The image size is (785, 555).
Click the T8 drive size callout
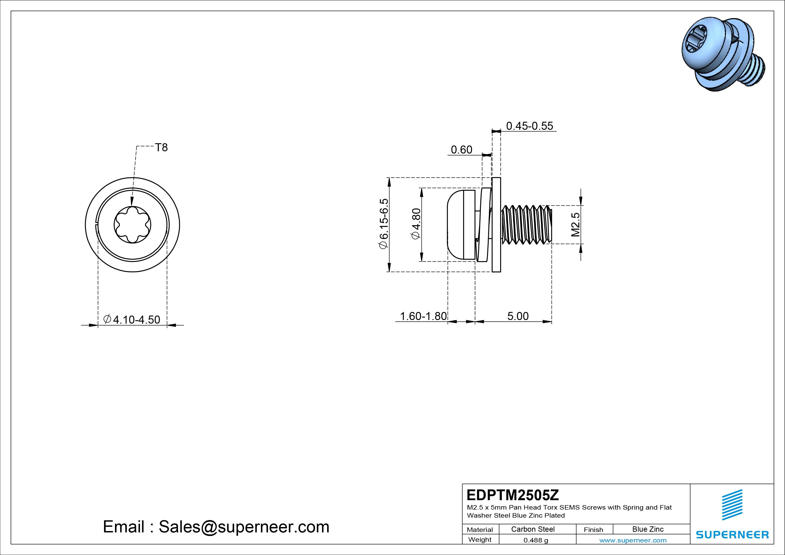pyautogui.click(x=161, y=147)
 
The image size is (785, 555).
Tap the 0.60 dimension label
pyautogui.click(x=462, y=150)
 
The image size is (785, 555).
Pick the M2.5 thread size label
pyautogui.click(x=575, y=225)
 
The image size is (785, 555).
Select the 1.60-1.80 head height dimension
pyautogui.click(x=423, y=316)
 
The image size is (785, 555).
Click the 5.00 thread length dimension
pyautogui.click(x=518, y=316)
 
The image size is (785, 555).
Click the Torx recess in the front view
pyautogui.click(x=132, y=225)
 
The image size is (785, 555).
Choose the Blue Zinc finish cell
pyautogui.click(x=648, y=529)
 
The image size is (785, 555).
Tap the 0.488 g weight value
pyautogui.click(x=536, y=540)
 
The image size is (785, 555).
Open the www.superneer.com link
pyautogui.click(x=633, y=540)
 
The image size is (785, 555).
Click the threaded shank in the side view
pyautogui.click(x=527, y=225)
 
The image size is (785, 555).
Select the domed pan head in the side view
pyautogui.click(x=461, y=225)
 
